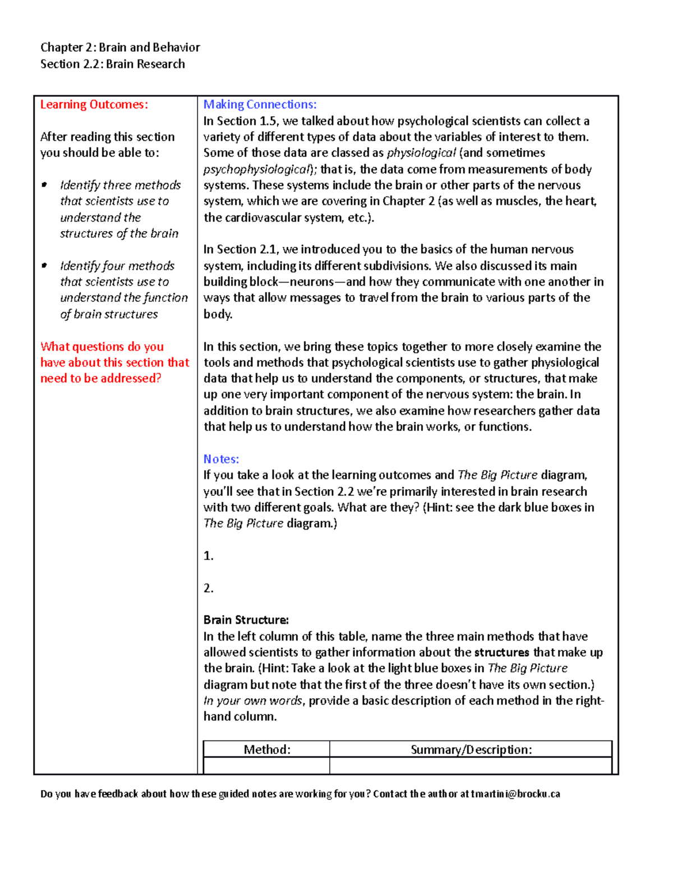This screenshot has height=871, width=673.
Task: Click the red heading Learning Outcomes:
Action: click(x=94, y=105)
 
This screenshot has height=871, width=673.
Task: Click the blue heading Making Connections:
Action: click(x=260, y=105)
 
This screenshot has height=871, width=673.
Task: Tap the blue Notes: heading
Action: click(x=221, y=459)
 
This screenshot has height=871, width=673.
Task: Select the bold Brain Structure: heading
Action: click(x=246, y=620)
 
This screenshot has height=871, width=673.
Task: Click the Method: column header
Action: click(x=266, y=750)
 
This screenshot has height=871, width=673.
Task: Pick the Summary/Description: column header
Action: click(x=471, y=750)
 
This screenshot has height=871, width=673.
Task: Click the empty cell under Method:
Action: click(x=266, y=766)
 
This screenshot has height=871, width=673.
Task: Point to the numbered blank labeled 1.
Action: click(x=209, y=556)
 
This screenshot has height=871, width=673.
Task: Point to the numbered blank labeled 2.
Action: click(x=209, y=588)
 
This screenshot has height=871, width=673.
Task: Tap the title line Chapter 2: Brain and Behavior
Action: click(x=120, y=48)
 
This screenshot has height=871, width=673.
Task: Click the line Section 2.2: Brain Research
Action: click(x=112, y=64)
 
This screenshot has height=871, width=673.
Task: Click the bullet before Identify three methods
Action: click(x=44, y=185)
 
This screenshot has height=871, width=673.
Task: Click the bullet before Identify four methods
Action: click(x=44, y=266)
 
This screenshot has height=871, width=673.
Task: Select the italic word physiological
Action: click(x=421, y=153)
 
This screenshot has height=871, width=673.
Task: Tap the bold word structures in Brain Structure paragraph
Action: click(x=501, y=653)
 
